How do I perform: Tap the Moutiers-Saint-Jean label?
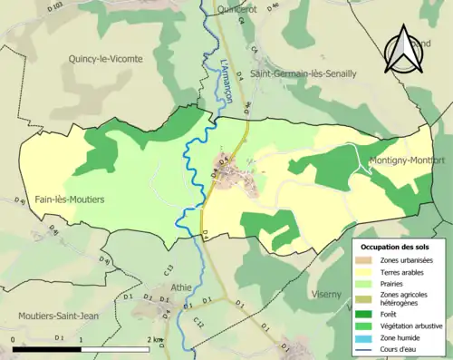tap(57, 316)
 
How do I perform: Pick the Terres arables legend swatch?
tap(368, 270)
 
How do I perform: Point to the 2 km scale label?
tap(153, 339)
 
